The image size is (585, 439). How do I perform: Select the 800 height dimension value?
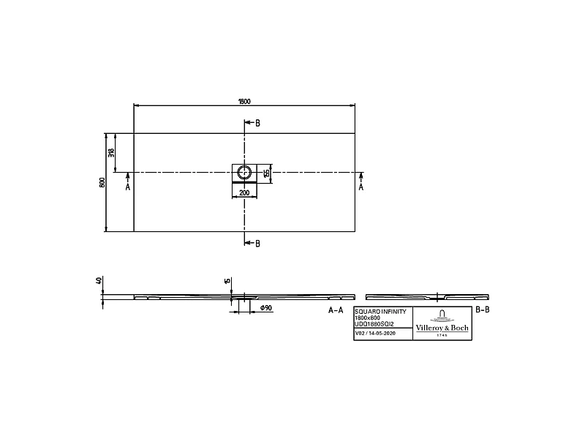(x=102, y=182)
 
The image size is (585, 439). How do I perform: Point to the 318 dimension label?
(x=112, y=153)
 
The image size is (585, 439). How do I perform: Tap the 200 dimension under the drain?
(x=244, y=192)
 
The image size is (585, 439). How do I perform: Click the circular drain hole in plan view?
(x=244, y=172)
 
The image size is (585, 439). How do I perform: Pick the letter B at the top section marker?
(x=257, y=123)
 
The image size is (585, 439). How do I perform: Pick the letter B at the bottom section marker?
(x=257, y=243)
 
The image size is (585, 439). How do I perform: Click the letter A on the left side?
(x=128, y=187)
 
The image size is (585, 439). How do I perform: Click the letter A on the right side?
(x=361, y=187)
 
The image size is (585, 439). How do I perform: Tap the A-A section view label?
(x=336, y=310)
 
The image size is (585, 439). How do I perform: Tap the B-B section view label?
(x=483, y=310)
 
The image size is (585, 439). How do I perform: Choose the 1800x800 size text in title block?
(x=368, y=317)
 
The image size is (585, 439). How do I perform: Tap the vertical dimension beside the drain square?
(x=268, y=172)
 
